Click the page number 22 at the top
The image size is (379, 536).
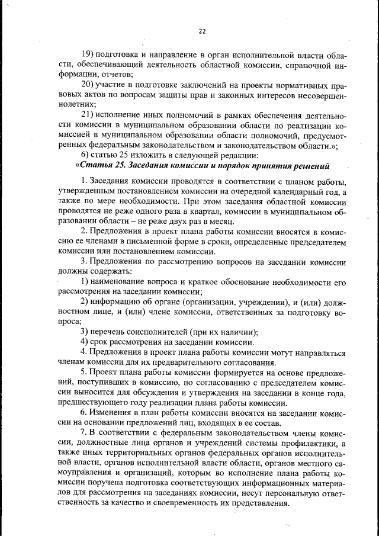pyautogui.click(x=201, y=31)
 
